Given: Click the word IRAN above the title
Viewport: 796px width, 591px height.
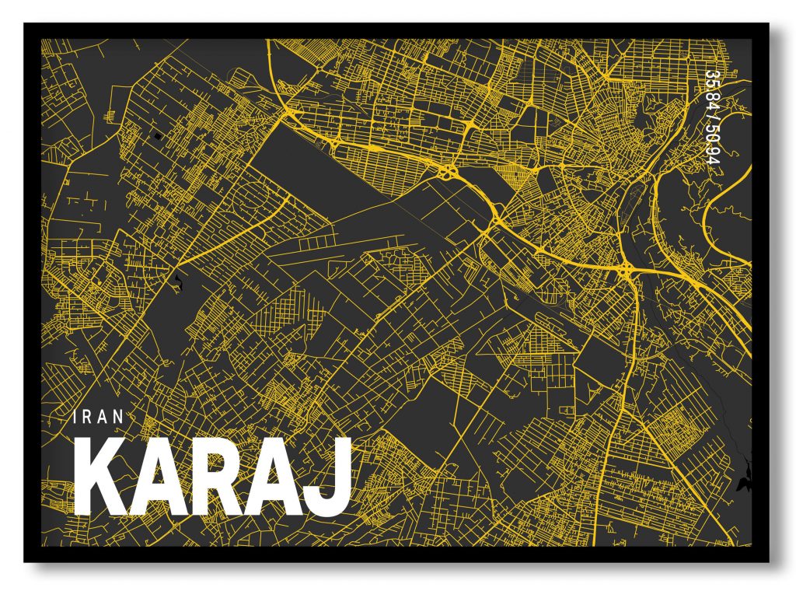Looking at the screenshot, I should pos(98,417).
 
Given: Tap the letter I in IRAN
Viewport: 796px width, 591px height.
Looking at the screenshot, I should pos(75,417).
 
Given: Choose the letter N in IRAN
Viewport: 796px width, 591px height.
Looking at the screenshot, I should pos(119,417).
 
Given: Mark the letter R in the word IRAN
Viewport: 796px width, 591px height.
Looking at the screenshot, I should pos(87,417).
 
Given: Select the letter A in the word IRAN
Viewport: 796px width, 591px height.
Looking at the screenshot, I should pos(103,417).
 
